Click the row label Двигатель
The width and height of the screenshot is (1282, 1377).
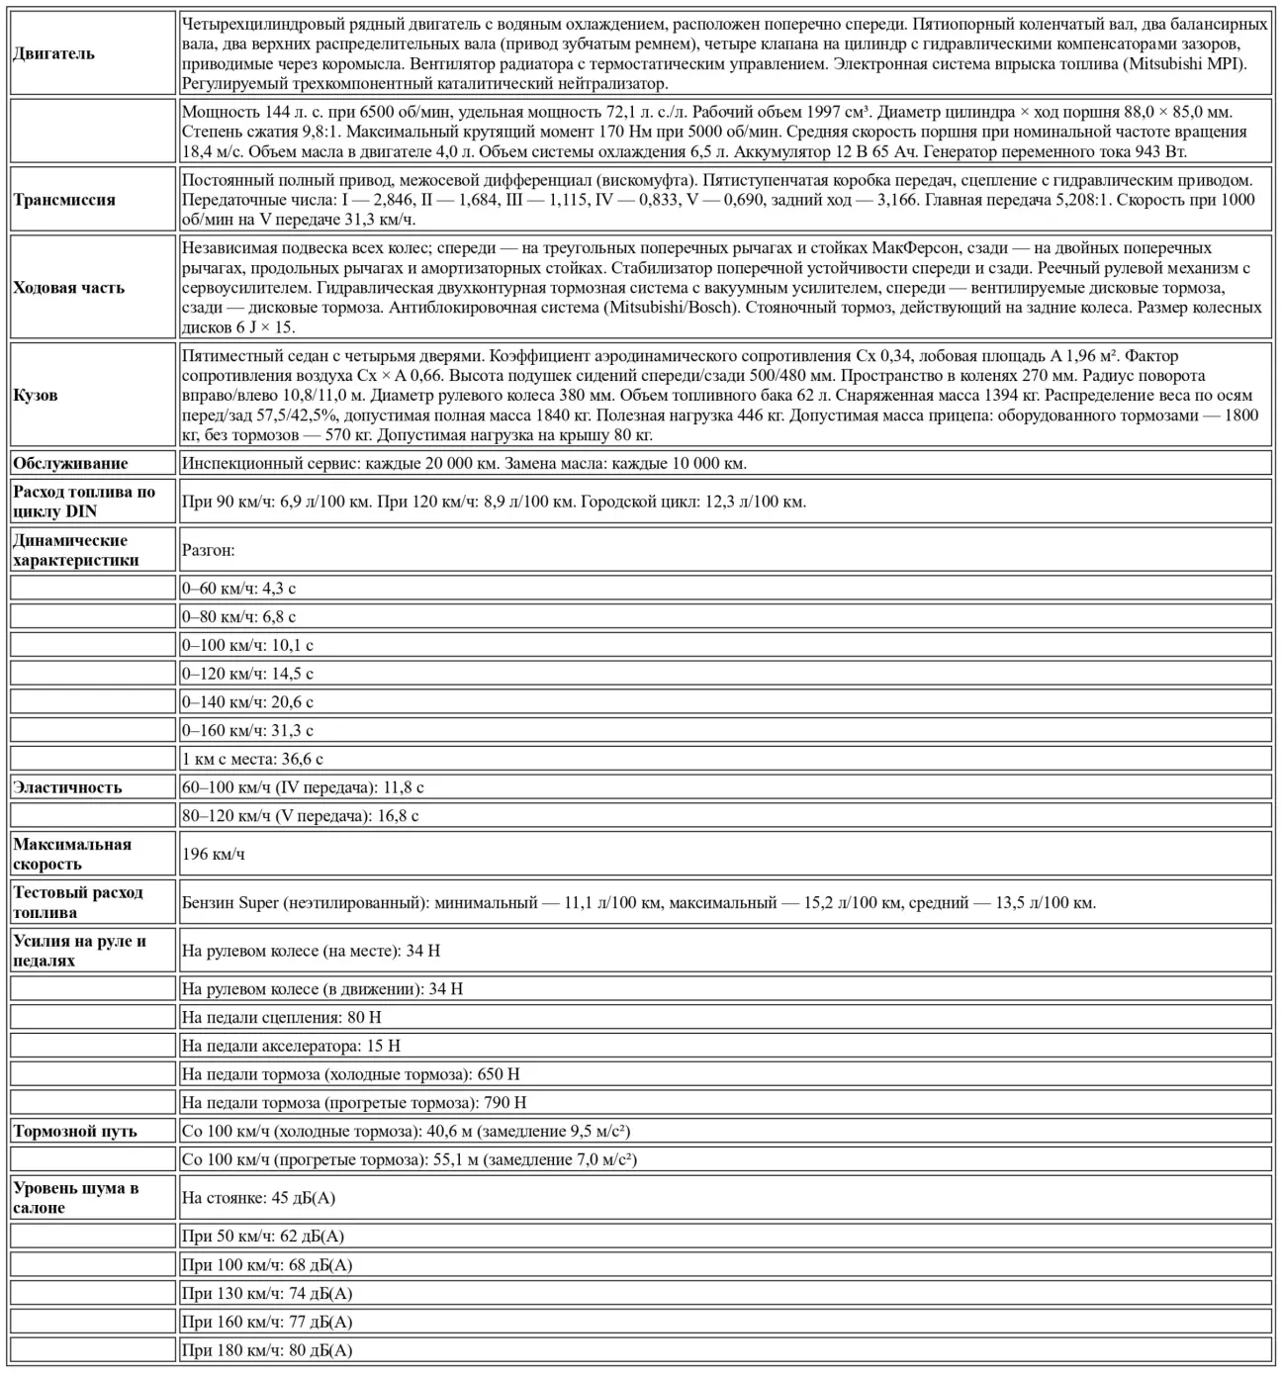click(x=54, y=53)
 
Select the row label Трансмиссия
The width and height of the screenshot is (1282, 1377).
click(x=64, y=200)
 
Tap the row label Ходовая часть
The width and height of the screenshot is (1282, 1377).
click(x=69, y=288)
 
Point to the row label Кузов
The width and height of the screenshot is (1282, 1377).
click(x=36, y=395)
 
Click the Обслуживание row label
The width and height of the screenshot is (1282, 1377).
click(x=70, y=463)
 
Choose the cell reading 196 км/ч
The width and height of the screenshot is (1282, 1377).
click(x=214, y=854)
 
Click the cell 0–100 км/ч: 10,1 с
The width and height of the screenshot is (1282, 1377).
click(x=247, y=645)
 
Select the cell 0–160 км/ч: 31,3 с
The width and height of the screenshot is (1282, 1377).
click(x=247, y=730)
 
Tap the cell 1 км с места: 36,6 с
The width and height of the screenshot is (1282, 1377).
click(x=252, y=759)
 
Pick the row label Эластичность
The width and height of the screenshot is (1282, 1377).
click(x=67, y=787)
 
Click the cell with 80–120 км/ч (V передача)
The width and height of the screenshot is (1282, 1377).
click(x=300, y=816)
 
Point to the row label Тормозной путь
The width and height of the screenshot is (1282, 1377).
click(x=75, y=1131)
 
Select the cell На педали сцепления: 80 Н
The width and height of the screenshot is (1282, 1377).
click(x=282, y=1017)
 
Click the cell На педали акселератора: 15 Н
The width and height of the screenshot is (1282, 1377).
click(x=291, y=1046)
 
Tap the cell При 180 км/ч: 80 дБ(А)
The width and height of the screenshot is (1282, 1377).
click(x=267, y=1350)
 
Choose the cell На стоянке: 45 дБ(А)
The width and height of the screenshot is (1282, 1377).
click(x=258, y=1198)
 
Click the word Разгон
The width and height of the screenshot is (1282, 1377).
click(x=208, y=550)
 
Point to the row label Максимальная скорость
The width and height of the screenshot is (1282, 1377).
click(x=72, y=854)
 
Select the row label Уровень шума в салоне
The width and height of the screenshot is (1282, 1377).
click(x=76, y=1198)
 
